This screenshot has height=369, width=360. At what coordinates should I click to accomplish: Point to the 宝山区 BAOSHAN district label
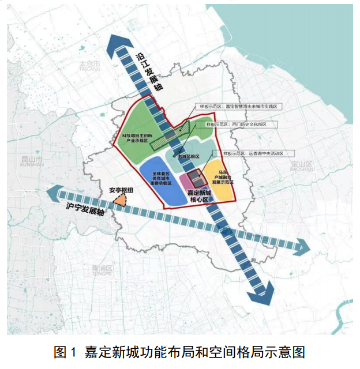(301, 167)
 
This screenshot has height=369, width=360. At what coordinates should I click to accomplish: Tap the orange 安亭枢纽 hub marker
(120, 200)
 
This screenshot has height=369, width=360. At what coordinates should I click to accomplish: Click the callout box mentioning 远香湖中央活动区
(254, 153)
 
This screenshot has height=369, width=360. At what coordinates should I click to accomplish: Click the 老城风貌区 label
(188, 156)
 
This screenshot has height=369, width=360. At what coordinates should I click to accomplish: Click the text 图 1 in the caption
(65, 352)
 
